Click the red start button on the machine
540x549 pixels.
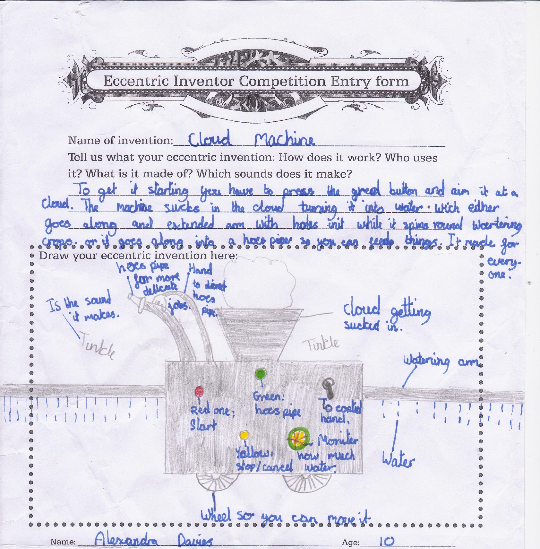pyautogui.click(x=199, y=391)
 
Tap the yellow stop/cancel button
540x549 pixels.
pyautogui.click(x=244, y=435)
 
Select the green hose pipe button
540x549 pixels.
pyautogui.click(x=260, y=374)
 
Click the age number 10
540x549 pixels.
pyautogui.click(x=387, y=541)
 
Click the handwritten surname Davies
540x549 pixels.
pyautogui.click(x=195, y=541)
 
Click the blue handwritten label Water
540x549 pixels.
pyautogui.click(x=398, y=460)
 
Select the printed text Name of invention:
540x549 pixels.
pyautogui.click(x=120, y=141)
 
